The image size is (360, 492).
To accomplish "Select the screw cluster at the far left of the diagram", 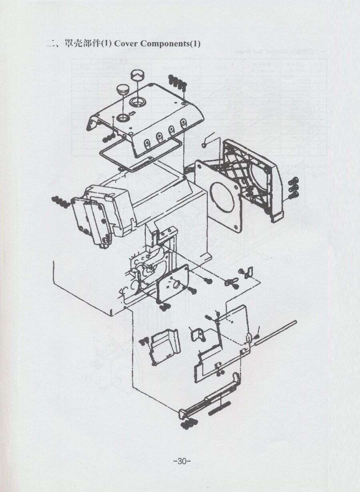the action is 60,202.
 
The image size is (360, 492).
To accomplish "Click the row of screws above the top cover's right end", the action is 178,82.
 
